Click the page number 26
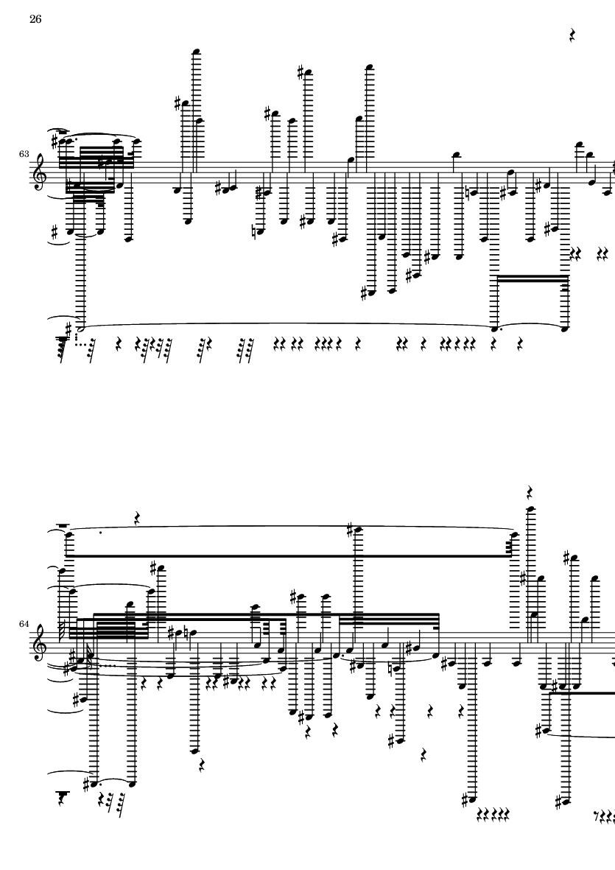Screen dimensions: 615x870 click(35, 19)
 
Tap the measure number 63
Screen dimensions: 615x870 click(24, 154)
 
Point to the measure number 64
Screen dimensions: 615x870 click(24, 624)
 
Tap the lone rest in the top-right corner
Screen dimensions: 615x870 click(572, 35)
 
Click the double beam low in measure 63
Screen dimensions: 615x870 click(531, 278)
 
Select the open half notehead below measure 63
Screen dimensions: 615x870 click(82, 329)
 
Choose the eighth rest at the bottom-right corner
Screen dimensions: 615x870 click(595, 815)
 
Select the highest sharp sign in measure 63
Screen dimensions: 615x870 click(301, 72)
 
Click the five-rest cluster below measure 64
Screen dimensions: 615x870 click(493, 815)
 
